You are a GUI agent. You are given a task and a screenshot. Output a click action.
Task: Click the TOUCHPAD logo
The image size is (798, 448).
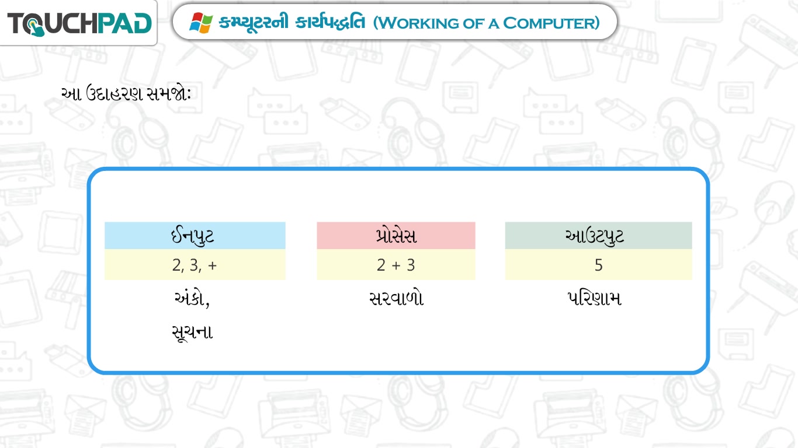coord(79,24)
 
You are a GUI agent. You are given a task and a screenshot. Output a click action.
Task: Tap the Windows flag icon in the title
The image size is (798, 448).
coord(201,23)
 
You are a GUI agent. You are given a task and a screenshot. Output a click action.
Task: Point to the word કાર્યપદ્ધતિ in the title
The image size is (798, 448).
coord(330,22)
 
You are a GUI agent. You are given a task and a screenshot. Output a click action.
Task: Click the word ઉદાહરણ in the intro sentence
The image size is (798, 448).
coord(115,94)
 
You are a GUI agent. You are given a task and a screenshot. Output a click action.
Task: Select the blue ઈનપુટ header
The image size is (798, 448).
coord(195,235)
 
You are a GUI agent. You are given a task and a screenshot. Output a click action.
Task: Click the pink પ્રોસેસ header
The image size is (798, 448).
coord(396,235)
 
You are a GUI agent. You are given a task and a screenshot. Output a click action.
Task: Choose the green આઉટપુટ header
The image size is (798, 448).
coord(598,235)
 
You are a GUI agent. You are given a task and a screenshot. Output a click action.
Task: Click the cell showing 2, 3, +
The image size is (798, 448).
coord(195,264)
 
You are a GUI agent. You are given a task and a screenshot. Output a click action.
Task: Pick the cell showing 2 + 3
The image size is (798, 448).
coord(396,264)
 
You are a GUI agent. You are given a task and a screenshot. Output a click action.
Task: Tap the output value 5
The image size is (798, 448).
coord(598,265)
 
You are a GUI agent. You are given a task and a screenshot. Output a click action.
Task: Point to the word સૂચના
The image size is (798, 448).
coord(192,332)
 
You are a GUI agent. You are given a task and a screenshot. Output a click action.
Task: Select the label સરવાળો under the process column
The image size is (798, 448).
coord(396,298)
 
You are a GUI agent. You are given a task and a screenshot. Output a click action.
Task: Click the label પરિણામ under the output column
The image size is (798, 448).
coord(594,298)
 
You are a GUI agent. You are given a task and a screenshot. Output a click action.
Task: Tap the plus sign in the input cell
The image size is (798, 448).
coord(212,265)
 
